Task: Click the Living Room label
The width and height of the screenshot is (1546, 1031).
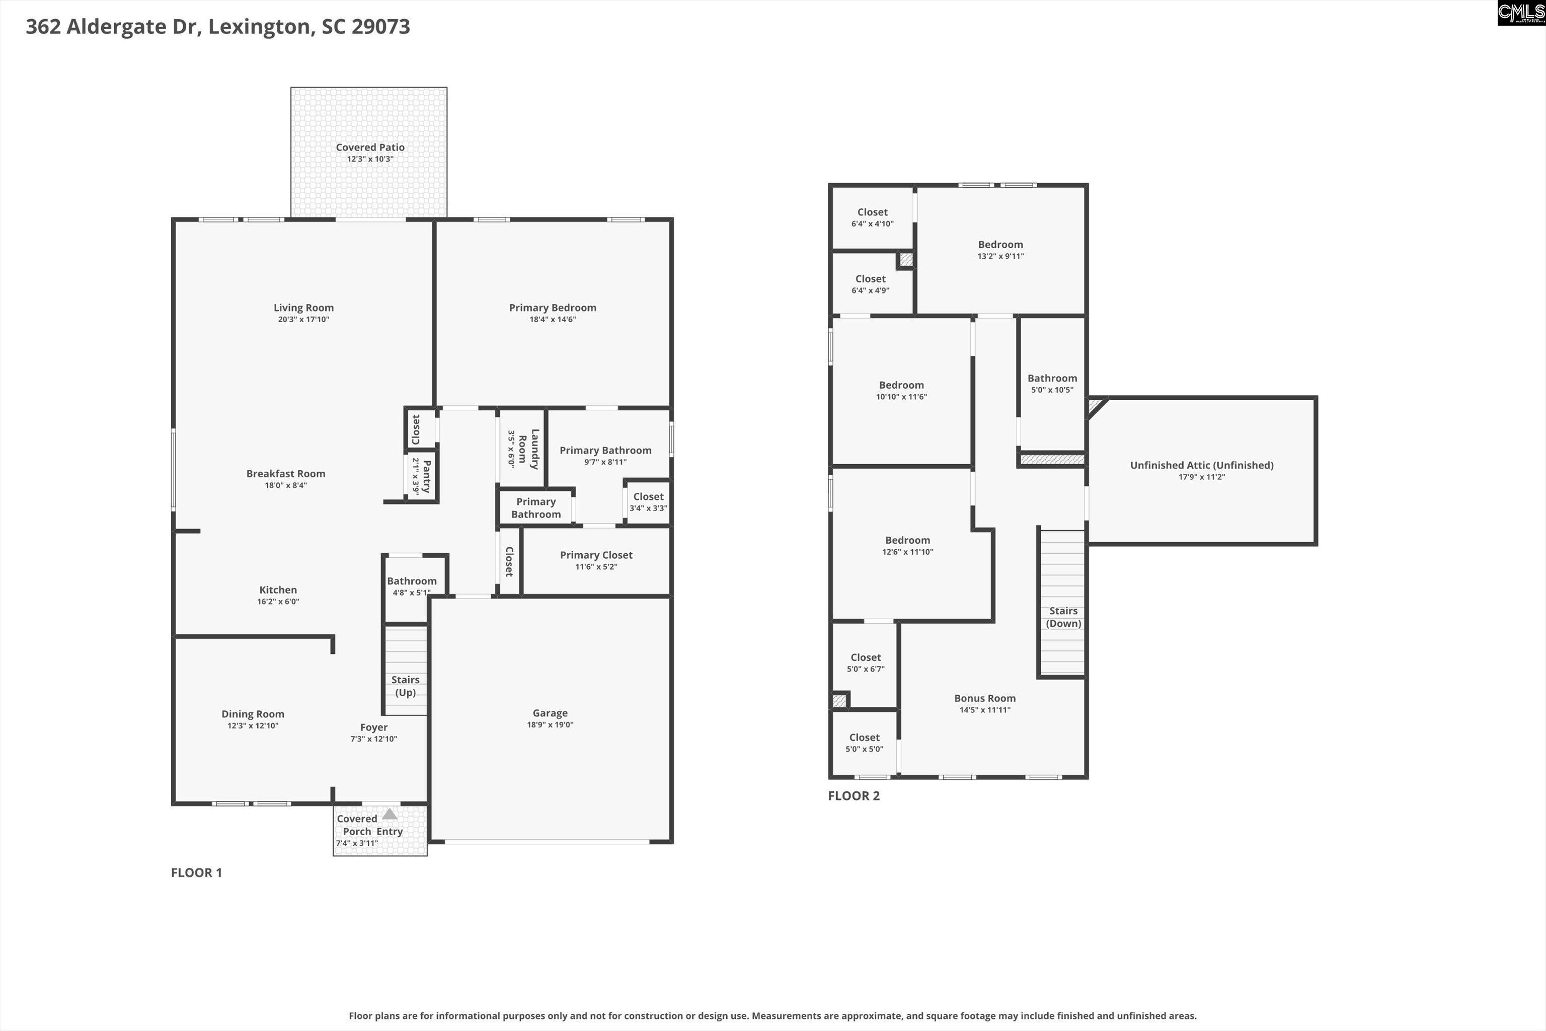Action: coord(303,308)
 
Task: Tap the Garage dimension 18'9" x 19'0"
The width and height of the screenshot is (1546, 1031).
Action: coord(550,724)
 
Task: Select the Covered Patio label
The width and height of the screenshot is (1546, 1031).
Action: coord(370,148)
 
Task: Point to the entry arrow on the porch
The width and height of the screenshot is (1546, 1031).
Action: coord(390,814)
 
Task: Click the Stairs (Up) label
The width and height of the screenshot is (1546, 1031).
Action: coord(405,686)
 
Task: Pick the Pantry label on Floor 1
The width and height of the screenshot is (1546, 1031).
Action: coord(426,476)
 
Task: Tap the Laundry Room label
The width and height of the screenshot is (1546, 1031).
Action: coord(528,449)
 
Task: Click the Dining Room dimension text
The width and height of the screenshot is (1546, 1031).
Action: coord(253,726)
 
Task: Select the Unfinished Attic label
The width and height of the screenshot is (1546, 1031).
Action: coord(1202,465)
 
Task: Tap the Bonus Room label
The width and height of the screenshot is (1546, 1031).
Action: coord(985,698)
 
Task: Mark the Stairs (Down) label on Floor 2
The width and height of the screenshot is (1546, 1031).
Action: coord(1063,617)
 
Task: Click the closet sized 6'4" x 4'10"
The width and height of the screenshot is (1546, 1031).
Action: coord(872,217)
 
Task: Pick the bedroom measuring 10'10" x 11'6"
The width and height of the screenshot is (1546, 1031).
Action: coord(901,390)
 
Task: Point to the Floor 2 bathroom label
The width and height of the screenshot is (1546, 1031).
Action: coord(1052,378)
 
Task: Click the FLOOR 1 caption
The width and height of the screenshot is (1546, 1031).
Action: coord(197,872)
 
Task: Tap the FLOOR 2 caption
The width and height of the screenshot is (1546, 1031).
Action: coord(853,795)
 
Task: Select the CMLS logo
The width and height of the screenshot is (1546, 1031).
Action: coord(1520,13)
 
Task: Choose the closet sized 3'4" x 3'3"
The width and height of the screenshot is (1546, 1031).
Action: coord(648,502)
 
